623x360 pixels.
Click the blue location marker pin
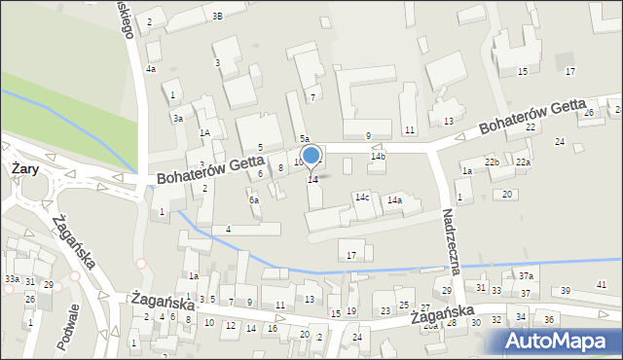click(311, 157)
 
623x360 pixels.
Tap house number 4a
click(150, 69)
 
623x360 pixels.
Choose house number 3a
click(178, 118)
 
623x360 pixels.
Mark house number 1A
click(204, 132)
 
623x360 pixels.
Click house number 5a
click(304, 139)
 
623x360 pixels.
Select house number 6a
click(254, 199)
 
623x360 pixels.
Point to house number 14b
click(378, 156)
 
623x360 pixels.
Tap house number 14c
click(362, 198)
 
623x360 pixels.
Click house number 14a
click(394, 199)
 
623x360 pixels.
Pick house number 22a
click(523, 162)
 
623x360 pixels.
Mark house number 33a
click(11, 278)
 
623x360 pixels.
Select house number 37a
click(526, 277)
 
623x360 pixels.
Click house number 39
click(566, 291)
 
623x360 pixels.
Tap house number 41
click(601, 283)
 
